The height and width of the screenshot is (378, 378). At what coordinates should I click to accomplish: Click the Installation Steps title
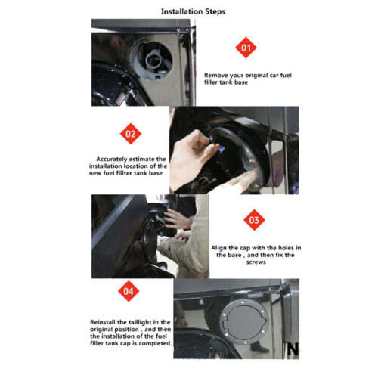[193, 11]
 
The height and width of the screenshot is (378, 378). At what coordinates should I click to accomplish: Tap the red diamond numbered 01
[246, 48]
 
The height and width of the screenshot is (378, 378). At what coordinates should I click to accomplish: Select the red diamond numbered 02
[131, 134]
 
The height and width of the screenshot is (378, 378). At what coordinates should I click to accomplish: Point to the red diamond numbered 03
[254, 220]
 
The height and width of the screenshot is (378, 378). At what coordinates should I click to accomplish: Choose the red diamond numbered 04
[129, 291]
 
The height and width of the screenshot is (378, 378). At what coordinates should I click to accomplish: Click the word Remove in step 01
[214, 75]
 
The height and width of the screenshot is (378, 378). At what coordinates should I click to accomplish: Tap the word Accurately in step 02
[111, 160]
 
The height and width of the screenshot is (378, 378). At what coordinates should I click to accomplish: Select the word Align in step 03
[218, 248]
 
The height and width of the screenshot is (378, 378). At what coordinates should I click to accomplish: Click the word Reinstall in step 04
[102, 322]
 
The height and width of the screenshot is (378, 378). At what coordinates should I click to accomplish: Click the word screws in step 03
[256, 262]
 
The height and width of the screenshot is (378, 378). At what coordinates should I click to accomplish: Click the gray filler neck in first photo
[153, 60]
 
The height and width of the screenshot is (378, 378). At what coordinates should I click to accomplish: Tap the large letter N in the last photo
[293, 349]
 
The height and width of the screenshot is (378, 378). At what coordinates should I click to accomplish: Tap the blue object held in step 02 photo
[222, 150]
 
